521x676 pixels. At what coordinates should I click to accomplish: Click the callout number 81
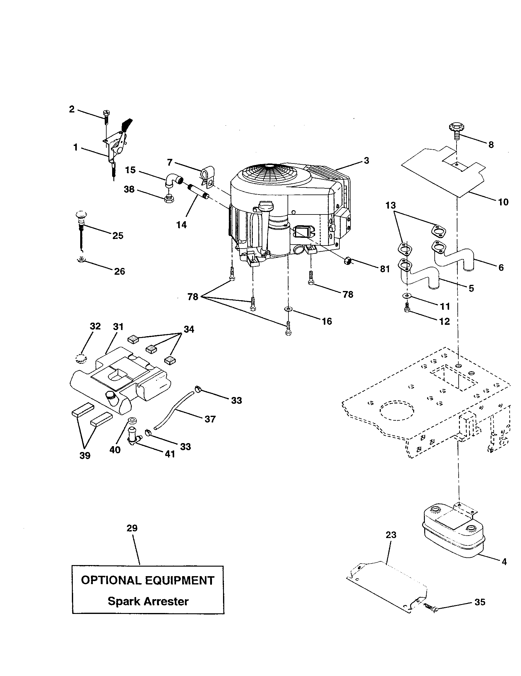pyautogui.click(x=385, y=269)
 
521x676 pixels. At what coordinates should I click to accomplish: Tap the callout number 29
pyautogui.click(x=132, y=528)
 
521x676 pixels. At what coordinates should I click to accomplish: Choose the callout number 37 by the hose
pyautogui.click(x=210, y=419)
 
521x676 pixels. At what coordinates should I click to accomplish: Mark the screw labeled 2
pyautogui.click(x=106, y=118)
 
